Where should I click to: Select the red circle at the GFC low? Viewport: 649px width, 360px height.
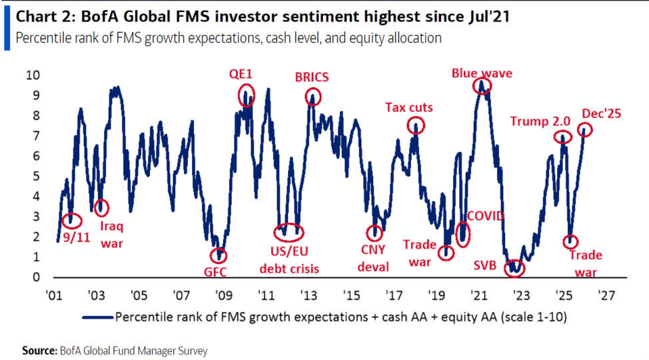218,255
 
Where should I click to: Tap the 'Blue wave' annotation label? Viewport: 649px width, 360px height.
482,73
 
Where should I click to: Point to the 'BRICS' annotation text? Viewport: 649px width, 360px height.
312,77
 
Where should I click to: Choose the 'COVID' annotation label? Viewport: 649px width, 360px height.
486,216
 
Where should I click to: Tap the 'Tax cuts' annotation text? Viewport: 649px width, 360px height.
409,107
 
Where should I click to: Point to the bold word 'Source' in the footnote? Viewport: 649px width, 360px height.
39,349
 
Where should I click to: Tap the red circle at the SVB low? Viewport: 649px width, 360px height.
514,268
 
